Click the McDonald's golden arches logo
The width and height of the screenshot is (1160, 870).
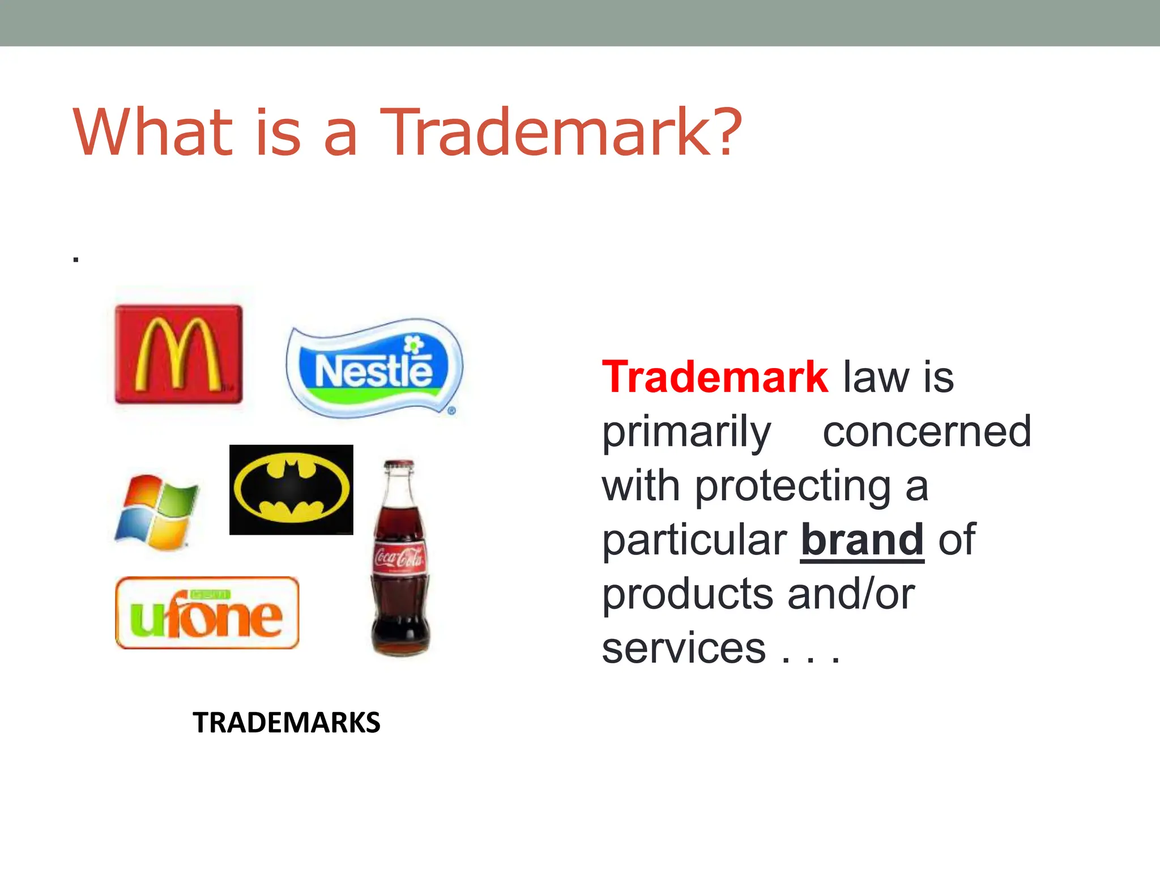click(178, 354)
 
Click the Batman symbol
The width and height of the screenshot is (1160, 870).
click(291, 489)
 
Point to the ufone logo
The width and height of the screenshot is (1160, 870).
click(207, 613)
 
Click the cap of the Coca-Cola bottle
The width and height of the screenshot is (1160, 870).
click(399, 466)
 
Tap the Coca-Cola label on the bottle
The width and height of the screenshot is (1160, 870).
click(399, 558)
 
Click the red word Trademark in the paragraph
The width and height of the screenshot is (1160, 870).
click(715, 377)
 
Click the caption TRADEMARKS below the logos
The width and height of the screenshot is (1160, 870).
click(287, 723)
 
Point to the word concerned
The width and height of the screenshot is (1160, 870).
click(927, 432)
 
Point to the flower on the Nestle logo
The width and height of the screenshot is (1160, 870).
click(413, 344)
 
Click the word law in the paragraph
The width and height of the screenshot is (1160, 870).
click(875, 377)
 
